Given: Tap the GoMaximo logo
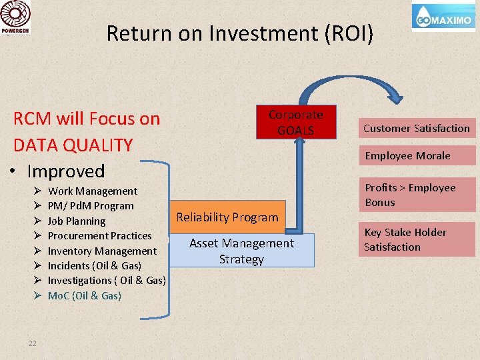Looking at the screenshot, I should pos(443,19).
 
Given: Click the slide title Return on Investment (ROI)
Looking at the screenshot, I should pos(240,33).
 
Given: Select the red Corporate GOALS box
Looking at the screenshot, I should pos(295,123).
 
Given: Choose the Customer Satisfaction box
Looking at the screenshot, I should pos(417,128).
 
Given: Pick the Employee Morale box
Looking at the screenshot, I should pos(417,155).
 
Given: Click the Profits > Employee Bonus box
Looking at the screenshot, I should pos(417,195).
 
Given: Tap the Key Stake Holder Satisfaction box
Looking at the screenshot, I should pos(417,239).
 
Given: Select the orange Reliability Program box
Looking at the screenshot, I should pos(227,217).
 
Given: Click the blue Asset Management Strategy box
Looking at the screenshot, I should pos(241,251).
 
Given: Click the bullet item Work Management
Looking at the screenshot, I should pos(93,191).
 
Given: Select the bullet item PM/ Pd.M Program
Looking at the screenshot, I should pos(91,206).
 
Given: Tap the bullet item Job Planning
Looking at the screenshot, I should pos(77,221).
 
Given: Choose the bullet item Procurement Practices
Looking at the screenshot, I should pos(100,236).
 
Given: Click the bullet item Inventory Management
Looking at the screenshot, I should pos(102,251).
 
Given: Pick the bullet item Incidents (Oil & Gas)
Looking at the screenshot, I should pos(95,266).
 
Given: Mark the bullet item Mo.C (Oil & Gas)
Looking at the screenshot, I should pos(85,295).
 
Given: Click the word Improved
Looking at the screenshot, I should pos(65,171).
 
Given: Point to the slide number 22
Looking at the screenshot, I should pos(32,343).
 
